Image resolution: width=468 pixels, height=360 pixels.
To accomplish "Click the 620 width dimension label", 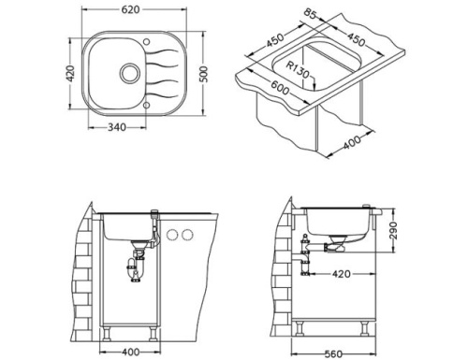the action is (130, 10).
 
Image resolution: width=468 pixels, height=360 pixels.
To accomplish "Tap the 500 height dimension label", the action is (203, 74).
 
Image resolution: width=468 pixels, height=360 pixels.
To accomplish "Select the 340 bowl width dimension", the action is (117, 127).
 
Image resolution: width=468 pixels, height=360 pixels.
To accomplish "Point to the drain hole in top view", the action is (129, 73).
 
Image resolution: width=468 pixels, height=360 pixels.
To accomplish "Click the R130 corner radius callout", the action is (298, 70).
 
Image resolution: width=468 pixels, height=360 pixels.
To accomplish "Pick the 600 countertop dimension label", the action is (280, 88).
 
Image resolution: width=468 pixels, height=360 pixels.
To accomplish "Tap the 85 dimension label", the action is (310, 14).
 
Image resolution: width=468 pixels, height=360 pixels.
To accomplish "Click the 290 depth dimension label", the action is (394, 231).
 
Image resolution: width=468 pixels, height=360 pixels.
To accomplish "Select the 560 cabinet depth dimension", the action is (333, 354).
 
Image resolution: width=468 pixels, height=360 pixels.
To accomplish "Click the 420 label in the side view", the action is (342, 274).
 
